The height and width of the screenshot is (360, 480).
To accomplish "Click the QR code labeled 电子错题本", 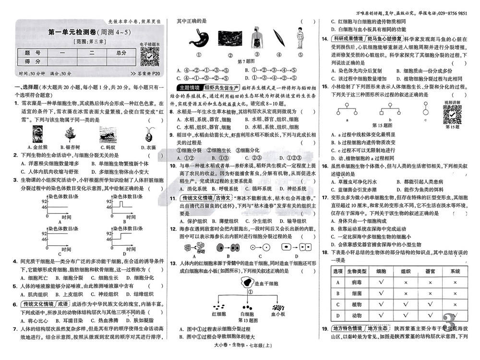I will [150, 57].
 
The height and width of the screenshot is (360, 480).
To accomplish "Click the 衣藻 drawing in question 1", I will [149, 134].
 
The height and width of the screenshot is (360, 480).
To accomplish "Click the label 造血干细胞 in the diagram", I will [266, 284].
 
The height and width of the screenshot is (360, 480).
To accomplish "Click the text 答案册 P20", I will [146, 74].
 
